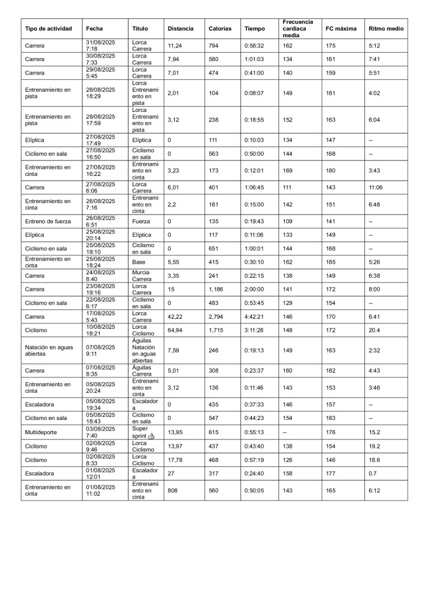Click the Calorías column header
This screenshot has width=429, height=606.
(x=219, y=28)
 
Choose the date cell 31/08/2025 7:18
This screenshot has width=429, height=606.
(x=100, y=45)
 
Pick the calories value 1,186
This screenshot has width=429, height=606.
(x=216, y=288)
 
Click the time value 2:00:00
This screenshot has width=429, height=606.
(x=255, y=288)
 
